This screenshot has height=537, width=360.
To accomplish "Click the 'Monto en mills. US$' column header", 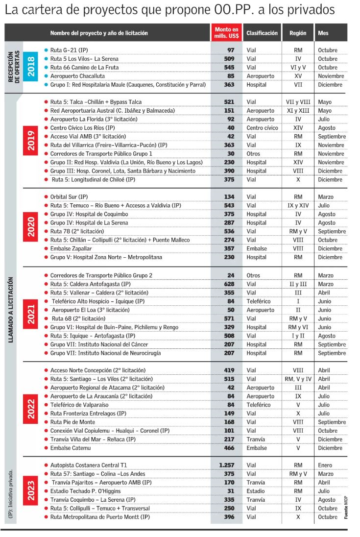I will tap(226, 33).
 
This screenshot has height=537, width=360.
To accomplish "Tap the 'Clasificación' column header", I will tap(262, 33).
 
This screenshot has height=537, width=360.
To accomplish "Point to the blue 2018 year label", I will tap(31, 68).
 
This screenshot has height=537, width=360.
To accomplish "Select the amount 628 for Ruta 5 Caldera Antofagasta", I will tap(229, 284).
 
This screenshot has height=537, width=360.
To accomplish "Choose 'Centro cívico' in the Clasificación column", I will tap(263, 128).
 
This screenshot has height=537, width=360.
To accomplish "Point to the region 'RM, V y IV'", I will tap(298, 379).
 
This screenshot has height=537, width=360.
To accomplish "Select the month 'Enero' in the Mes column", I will tap(325, 465).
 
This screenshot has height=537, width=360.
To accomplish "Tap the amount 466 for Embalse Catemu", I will tap(229, 448).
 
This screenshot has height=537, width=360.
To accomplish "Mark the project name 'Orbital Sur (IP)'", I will tap(69, 197).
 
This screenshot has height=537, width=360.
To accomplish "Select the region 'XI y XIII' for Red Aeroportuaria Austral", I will tap(298, 111).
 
